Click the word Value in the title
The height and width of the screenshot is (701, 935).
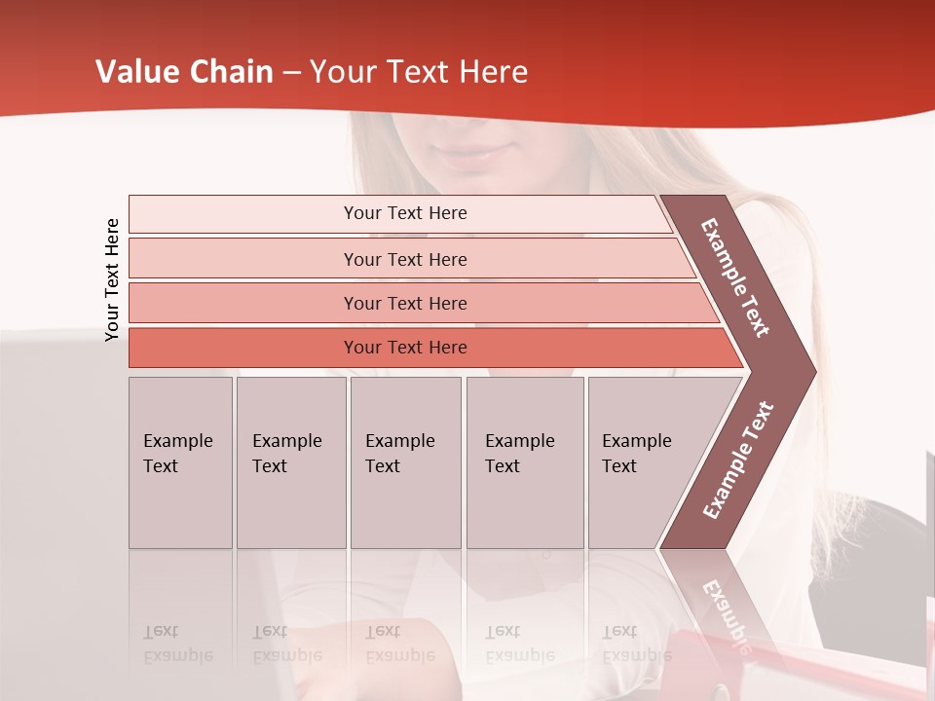click(135, 72)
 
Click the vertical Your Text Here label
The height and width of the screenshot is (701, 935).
click(112, 279)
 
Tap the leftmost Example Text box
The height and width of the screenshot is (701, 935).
click(180, 462)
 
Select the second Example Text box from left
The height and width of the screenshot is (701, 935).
click(290, 462)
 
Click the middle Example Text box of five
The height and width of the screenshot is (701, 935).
click(405, 462)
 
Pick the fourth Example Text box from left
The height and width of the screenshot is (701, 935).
click(524, 462)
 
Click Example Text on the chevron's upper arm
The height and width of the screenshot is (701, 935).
click(735, 277)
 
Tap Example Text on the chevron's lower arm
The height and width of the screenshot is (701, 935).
click(737, 460)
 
